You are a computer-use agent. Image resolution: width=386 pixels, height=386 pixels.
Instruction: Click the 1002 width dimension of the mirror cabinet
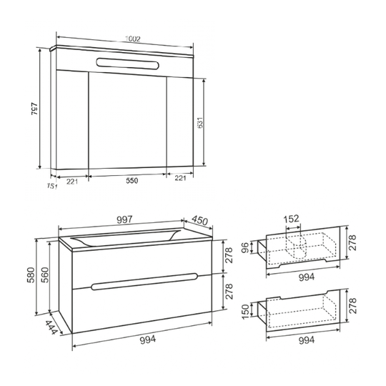click(x=133, y=39)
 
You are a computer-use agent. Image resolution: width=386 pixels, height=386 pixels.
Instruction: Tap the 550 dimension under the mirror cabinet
click(x=132, y=180)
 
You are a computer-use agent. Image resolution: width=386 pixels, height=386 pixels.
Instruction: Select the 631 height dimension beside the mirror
click(x=200, y=122)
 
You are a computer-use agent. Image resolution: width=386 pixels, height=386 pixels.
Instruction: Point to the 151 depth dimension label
click(x=52, y=187)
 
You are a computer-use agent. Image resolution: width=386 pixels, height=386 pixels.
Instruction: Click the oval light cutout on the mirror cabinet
click(x=127, y=63)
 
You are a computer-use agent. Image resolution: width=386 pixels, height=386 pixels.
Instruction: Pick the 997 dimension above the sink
click(x=124, y=219)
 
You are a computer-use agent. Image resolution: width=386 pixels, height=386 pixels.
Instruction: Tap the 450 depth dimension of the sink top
click(x=199, y=220)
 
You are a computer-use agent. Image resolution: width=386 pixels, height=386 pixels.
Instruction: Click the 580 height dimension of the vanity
click(x=31, y=274)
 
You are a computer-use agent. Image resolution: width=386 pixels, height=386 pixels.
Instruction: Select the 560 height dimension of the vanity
click(x=44, y=274)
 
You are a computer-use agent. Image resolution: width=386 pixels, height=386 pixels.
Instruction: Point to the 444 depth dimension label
click(x=51, y=327)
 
